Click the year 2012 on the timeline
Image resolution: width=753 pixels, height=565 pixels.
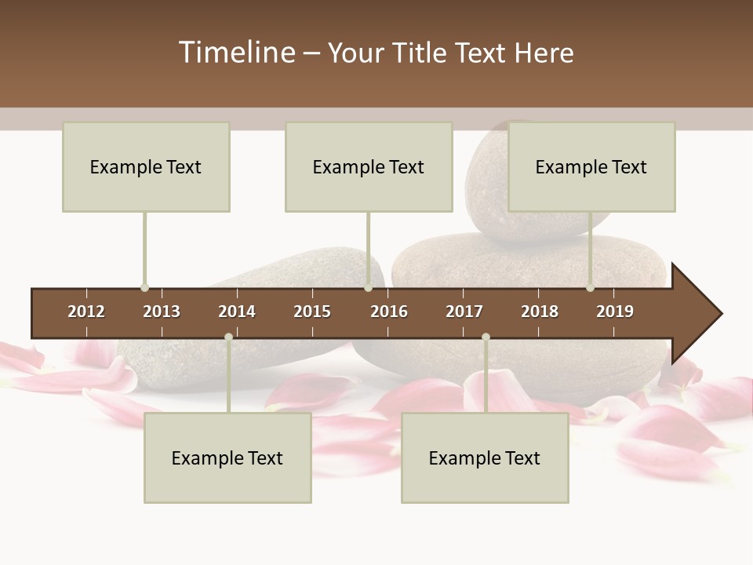tap(86, 312)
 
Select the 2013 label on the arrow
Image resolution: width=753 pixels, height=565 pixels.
tap(162, 312)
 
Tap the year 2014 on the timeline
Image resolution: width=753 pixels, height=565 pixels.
tap(237, 312)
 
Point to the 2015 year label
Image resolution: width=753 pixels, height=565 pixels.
tap(312, 312)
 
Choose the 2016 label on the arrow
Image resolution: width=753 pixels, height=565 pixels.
tap(389, 312)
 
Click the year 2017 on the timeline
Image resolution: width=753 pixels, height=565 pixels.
tap(464, 312)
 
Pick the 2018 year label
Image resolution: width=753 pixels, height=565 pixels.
tap(540, 312)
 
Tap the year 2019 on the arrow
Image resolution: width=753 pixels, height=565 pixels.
tap(615, 312)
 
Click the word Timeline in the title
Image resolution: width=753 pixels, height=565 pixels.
tap(236, 53)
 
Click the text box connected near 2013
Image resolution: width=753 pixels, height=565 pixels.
tap(146, 166)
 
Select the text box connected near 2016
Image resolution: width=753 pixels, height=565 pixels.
tap(369, 166)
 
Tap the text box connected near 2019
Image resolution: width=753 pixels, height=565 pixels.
tap(591, 166)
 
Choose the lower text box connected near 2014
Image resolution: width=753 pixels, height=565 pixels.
tap(227, 457)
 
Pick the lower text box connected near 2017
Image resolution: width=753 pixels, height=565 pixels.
tap(485, 457)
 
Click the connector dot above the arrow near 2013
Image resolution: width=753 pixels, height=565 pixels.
tap(144, 288)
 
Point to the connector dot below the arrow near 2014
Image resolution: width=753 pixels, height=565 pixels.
tap(228, 337)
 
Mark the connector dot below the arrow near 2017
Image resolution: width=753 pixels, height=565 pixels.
tap(486, 337)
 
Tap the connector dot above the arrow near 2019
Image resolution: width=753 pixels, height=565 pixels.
tap(590, 288)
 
